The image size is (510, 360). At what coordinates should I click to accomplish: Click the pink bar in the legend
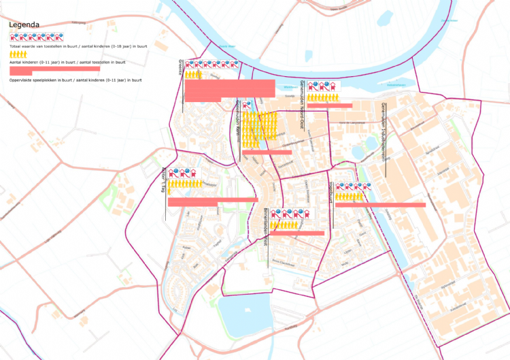[x=54, y=69]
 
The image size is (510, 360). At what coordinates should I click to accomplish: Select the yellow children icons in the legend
[x=18, y=54]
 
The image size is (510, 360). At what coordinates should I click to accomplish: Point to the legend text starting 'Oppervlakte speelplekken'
[x=75, y=80]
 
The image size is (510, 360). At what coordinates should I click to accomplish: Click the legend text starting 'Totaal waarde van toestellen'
[x=78, y=46]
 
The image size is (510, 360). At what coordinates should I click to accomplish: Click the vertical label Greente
[x=181, y=67]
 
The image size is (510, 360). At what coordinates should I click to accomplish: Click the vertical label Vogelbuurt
[x=331, y=193]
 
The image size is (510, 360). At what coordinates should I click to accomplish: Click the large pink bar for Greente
[x=229, y=89]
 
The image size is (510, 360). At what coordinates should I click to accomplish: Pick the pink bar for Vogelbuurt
[x=380, y=204]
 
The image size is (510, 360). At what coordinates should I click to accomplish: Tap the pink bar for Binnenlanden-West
[x=297, y=233]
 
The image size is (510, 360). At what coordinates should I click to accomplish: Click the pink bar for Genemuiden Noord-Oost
[x=329, y=105]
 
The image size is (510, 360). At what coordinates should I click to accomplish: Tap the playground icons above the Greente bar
[x=212, y=65]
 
